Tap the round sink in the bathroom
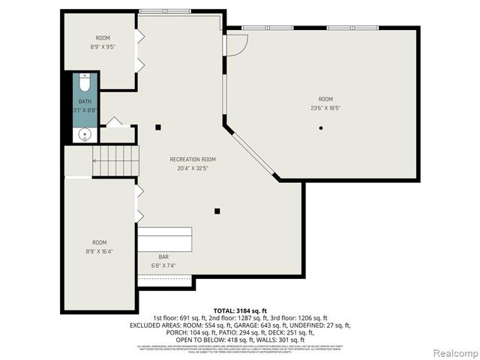point(85,135)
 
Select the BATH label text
point(85,101)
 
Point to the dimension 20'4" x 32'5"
point(193,168)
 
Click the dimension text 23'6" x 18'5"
point(325,108)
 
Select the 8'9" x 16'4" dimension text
point(99,251)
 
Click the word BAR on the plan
point(163,256)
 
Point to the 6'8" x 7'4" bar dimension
point(163,265)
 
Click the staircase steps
point(115,160)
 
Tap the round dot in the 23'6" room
point(321,128)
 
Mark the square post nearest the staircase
point(158,127)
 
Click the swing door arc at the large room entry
point(236,44)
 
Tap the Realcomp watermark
point(452,352)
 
